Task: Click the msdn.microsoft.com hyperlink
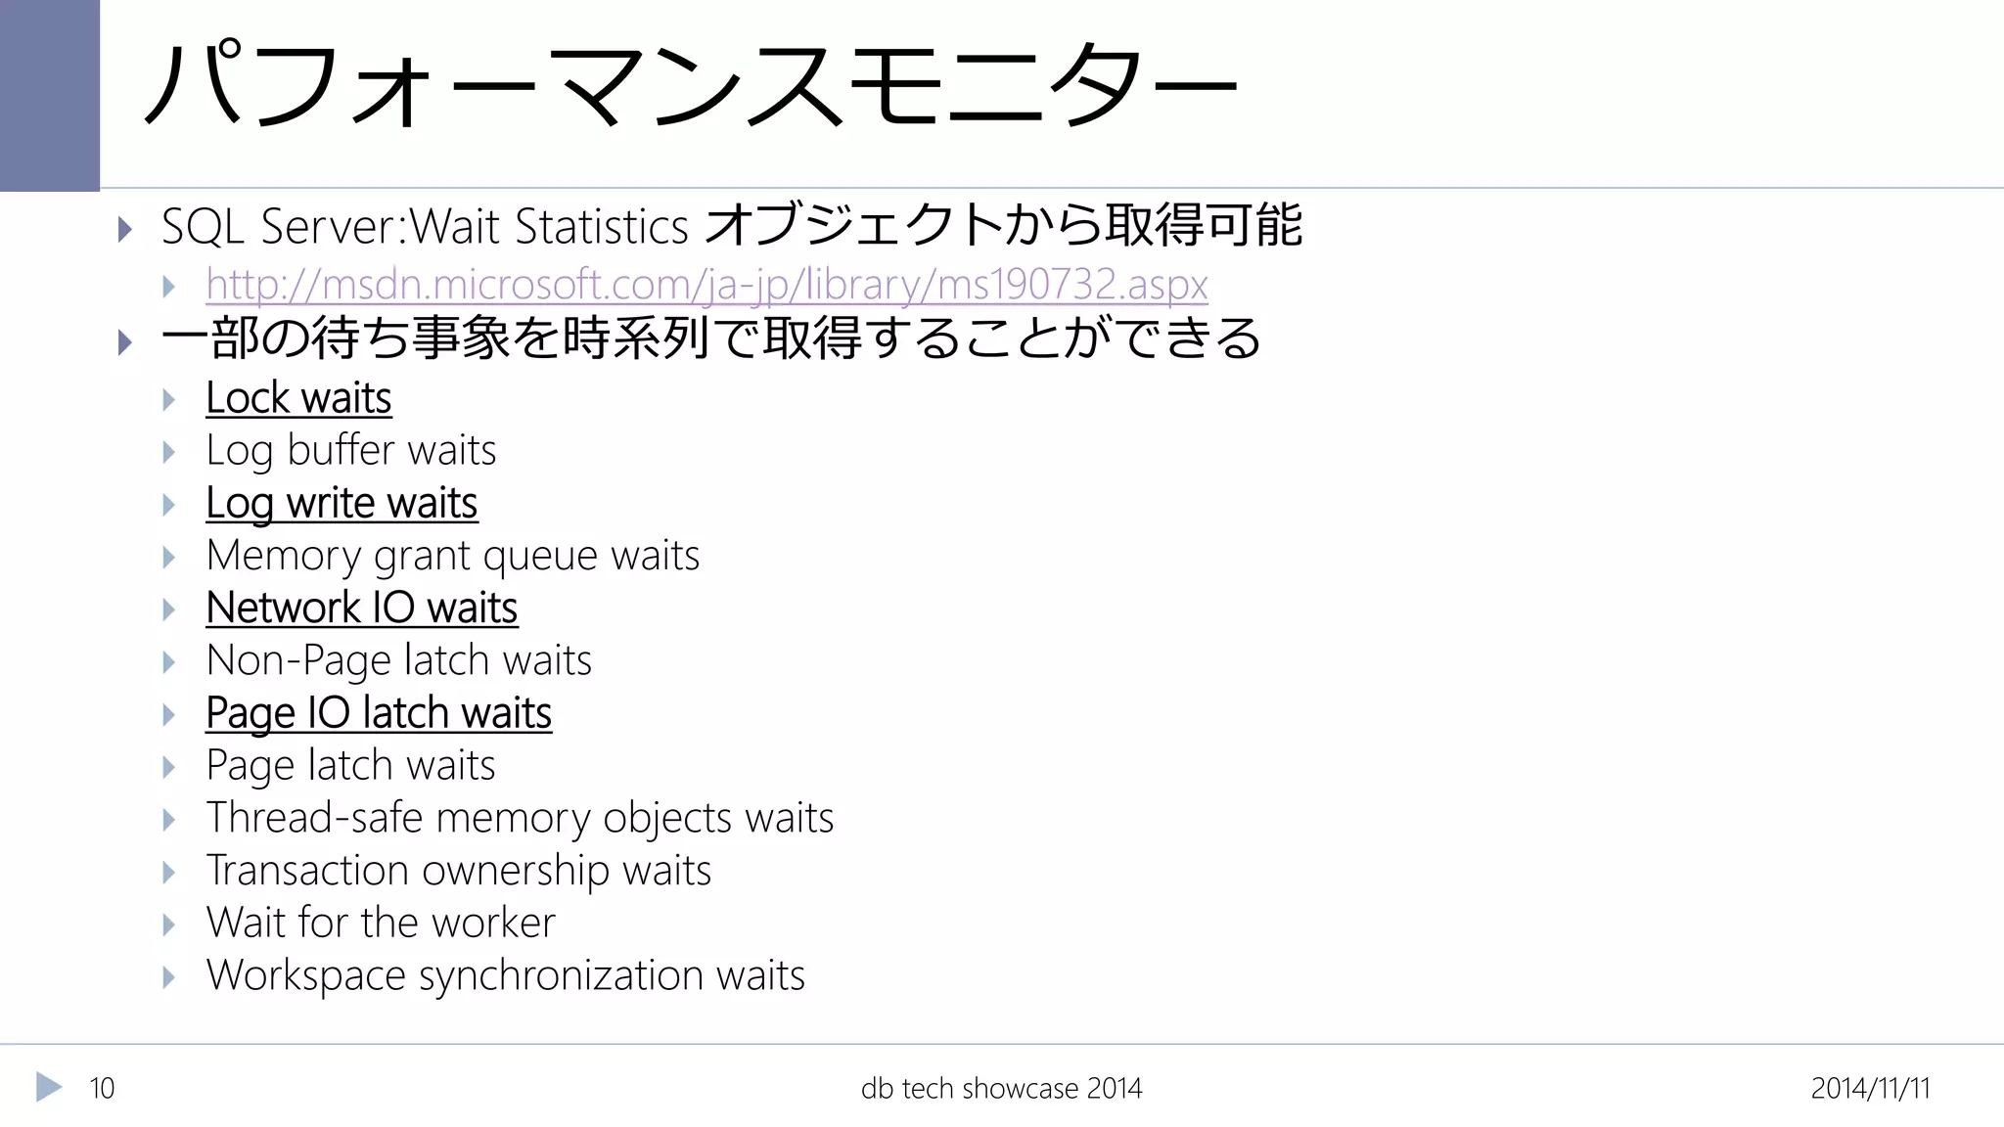click(706, 285)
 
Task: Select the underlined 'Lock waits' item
click(298, 398)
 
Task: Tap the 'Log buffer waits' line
click(351, 451)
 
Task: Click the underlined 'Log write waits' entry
click(342, 504)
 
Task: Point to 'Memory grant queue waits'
click(453, 556)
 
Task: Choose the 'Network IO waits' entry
click(361, 609)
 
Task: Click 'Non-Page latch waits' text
click(399, 660)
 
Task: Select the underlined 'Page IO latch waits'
click(379, 713)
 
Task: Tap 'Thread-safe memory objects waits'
click(520, 818)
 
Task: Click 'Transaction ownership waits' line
click(459, 871)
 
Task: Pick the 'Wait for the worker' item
click(381, 923)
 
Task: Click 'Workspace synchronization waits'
click(506, 975)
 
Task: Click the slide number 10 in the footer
click(102, 1088)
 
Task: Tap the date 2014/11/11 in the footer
click(1870, 1088)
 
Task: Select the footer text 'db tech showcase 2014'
click(1001, 1088)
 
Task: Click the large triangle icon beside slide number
click(48, 1087)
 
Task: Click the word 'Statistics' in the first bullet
click(602, 227)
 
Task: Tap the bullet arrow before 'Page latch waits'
click(169, 767)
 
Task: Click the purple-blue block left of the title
click(49, 95)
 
